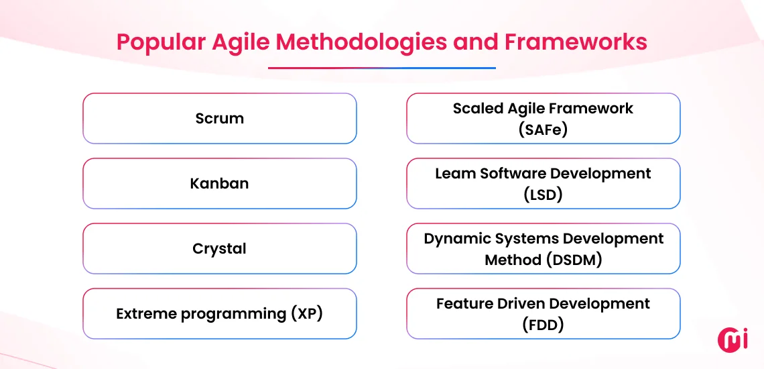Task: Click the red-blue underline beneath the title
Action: click(381, 68)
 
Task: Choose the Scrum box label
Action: click(219, 119)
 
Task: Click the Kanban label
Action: click(219, 184)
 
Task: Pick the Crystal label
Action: click(219, 249)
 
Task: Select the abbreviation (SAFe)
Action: click(543, 129)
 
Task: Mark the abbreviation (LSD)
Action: click(543, 195)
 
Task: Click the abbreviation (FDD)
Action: click(543, 325)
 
